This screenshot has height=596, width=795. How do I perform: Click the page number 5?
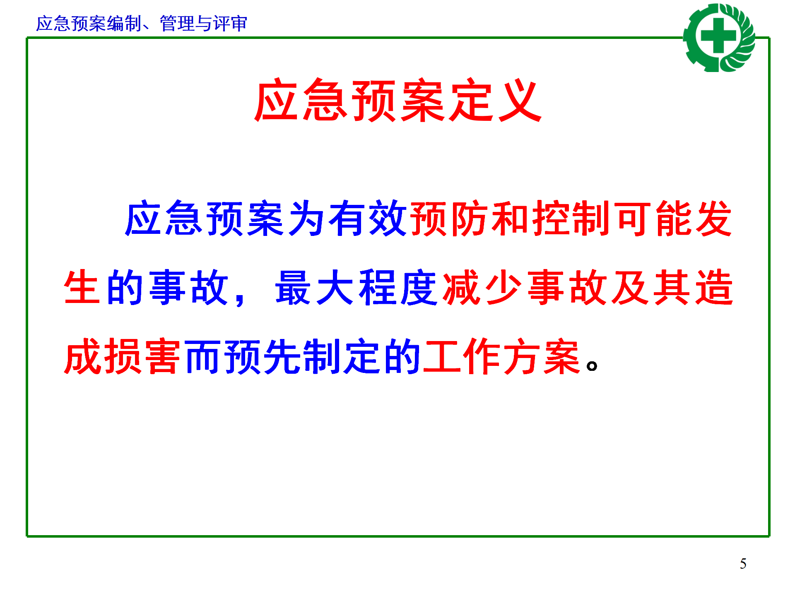pyautogui.click(x=743, y=564)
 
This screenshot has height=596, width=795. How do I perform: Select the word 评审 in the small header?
pyautogui.click(x=230, y=24)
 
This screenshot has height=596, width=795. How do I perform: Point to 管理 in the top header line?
pyautogui.click(x=177, y=24)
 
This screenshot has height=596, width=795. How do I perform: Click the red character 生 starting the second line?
pyautogui.click(x=82, y=287)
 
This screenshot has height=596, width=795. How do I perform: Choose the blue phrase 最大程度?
pyautogui.click(x=356, y=287)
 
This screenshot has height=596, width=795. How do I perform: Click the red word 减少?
pyautogui.click(x=482, y=287)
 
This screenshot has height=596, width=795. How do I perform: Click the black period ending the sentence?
pyautogui.click(x=592, y=366)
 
